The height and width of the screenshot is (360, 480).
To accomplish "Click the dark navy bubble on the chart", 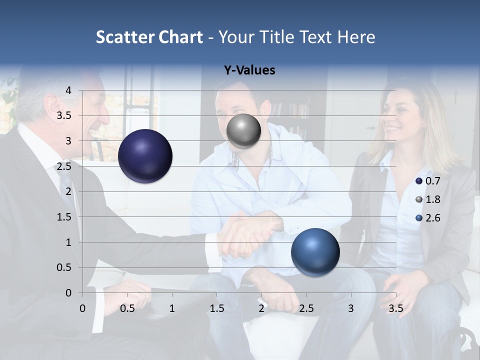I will (145, 156).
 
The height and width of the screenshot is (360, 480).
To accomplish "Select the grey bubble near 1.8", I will (243, 131).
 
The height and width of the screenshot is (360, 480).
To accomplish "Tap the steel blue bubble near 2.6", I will (315, 251).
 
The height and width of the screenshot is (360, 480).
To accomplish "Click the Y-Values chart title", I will (249, 70).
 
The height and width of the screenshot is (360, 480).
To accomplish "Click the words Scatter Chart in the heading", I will (149, 37).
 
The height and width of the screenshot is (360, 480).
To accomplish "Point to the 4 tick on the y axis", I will (69, 90).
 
